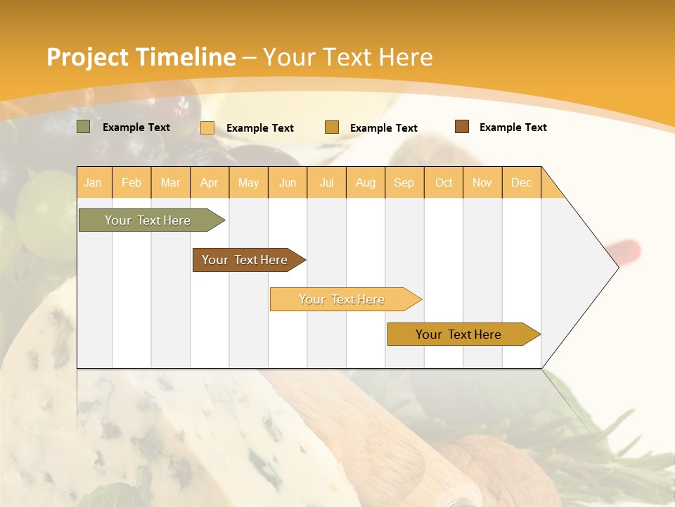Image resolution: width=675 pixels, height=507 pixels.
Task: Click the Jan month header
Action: tap(93, 182)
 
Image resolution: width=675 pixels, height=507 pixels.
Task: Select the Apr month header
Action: tap(209, 182)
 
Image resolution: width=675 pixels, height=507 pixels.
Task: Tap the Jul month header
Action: tap(326, 182)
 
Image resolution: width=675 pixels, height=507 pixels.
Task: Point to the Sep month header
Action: tap(404, 182)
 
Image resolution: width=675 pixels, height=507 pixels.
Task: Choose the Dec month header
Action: tap(521, 182)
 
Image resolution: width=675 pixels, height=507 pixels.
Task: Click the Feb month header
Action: tap(131, 182)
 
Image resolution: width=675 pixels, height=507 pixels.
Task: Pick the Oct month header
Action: tap(444, 182)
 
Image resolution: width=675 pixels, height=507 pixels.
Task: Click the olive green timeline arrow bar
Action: tap(148, 220)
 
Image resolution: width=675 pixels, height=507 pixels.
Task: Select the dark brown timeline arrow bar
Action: tap(245, 260)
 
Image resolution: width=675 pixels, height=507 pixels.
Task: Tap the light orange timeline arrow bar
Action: tap(342, 299)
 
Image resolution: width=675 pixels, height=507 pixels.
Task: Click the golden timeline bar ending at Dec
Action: tap(458, 334)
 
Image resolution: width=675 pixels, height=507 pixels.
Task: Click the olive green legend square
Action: tap(84, 127)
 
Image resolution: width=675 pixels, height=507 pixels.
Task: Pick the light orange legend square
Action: tap(207, 127)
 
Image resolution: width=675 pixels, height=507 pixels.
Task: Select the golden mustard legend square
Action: tap(332, 127)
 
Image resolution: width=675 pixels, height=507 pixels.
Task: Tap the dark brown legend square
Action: tap(461, 127)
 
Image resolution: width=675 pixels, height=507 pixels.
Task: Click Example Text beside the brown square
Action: tap(513, 127)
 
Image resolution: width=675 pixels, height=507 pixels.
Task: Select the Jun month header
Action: tap(288, 182)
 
